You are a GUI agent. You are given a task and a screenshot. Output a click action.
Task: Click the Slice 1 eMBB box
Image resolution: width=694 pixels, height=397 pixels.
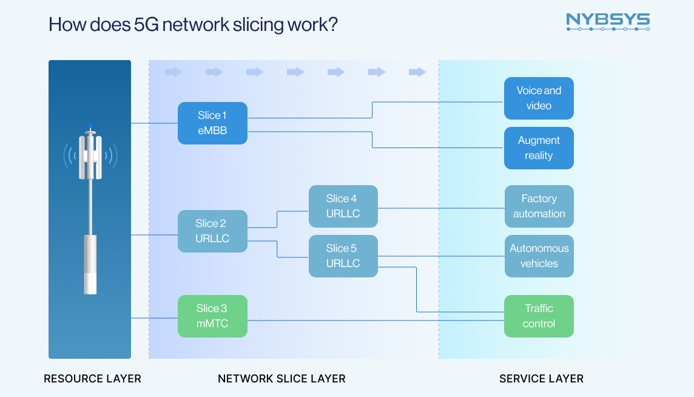click(x=212, y=123)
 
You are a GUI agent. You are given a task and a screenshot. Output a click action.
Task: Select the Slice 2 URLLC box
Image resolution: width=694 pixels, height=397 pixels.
click(x=212, y=231)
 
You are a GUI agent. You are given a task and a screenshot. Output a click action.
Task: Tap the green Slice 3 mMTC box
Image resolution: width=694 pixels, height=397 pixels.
click(x=212, y=316)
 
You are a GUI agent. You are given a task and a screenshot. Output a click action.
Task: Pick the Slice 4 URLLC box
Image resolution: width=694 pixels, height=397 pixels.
click(x=343, y=206)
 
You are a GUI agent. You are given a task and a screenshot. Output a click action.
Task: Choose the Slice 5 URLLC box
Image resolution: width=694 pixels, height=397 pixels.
click(x=343, y=256)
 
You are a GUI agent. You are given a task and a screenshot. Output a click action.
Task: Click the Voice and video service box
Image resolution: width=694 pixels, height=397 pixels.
click(x=539, y=98)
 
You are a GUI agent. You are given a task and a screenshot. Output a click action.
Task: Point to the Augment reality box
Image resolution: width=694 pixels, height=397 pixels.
click(x=539, y=148)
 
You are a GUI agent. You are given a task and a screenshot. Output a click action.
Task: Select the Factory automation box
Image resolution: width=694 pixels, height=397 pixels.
click(x=539, y=206)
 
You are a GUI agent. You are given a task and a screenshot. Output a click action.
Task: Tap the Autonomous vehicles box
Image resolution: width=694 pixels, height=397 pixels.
click(x=539, y=256)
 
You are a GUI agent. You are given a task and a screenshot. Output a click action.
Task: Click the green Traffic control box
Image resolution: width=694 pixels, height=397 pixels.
click(x=539, y=316)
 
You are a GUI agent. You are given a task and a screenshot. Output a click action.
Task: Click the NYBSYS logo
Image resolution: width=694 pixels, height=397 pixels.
click(x=607, y=22)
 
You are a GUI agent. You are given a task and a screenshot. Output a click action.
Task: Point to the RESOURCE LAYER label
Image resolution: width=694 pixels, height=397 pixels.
click(x=92, y=379)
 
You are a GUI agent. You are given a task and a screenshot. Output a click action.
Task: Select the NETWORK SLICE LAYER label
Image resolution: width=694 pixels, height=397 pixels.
click(x=281, y=379)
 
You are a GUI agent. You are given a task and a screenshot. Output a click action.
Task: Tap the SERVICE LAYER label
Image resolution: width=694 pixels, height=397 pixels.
click(x=541, y=379)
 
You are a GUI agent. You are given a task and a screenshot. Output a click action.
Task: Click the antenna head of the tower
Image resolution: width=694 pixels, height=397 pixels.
click(x=90, y=157)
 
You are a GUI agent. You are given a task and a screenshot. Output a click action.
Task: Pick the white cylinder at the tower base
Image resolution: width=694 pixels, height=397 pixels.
click(x=90, y=265)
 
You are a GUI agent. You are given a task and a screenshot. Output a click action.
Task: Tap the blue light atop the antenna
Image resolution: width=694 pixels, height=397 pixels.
click(x=90, y=126)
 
